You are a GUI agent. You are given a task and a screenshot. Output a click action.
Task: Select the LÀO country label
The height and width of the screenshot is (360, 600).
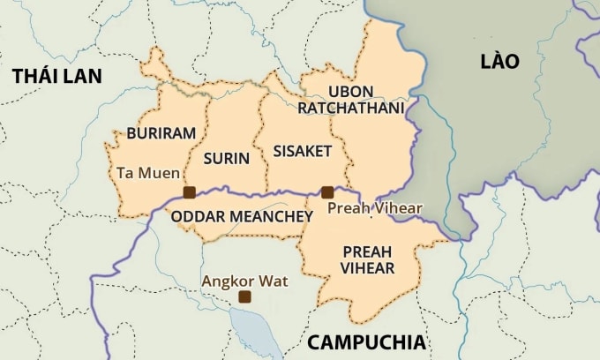click(499, 61)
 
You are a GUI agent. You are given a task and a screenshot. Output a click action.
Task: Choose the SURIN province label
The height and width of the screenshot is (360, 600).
click(226, 159)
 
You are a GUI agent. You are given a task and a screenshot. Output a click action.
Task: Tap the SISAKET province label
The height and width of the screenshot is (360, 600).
click(302, 151)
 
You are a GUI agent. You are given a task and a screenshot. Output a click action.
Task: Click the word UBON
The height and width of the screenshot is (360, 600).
click(350, 92)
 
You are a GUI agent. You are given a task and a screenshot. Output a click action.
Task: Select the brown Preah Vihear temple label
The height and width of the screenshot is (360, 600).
click(375, 208)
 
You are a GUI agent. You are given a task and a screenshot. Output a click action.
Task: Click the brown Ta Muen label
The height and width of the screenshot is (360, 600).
click(147, 173)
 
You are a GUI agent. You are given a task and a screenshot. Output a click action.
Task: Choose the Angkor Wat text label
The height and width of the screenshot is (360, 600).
click(244, 281)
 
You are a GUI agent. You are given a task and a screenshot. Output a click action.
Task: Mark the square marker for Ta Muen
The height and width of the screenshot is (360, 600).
click(189, 192)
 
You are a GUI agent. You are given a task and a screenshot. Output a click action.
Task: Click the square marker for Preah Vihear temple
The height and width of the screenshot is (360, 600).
click(327, 191)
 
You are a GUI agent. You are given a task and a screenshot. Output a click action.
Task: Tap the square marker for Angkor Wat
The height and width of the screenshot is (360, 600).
click(244, 297)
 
